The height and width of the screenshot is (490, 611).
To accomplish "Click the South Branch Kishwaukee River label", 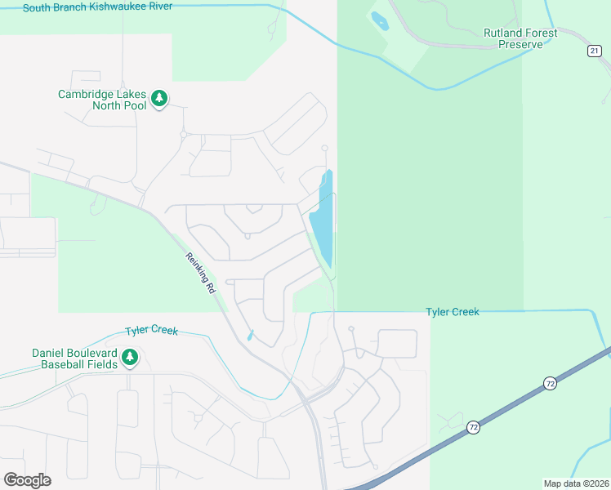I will tap(97, 7).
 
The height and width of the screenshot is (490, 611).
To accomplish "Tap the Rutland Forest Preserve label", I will tap(520, 38).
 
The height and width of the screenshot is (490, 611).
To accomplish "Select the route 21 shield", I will tap(594, 51).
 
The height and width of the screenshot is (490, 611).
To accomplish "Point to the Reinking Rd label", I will tap(200, 273).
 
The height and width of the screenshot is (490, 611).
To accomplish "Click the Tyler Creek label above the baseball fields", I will tap(151, 331).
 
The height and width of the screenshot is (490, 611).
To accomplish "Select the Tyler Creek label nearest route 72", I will tap(452, 311).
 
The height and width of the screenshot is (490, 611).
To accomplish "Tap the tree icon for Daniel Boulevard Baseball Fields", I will tap(129, 356).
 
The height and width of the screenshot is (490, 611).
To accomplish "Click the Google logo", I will tap(27, 480).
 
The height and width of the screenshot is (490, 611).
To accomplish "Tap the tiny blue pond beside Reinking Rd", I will tap(249, 335).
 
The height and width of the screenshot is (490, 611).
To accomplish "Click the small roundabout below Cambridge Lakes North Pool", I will tap(184, 134).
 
